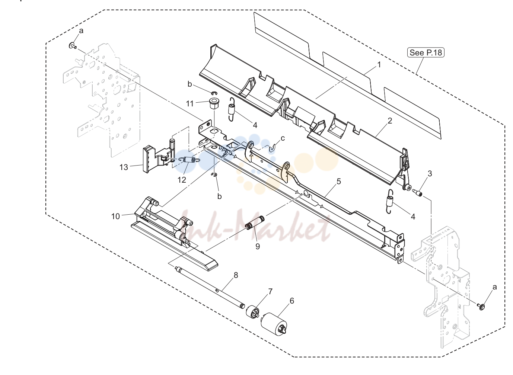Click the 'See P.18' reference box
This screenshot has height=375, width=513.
pyautogui.click(x=426, y=52)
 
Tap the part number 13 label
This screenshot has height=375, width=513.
pyautogui.click(x=124, y=167)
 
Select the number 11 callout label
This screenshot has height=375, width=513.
pyautogui.click(x=190, y=104)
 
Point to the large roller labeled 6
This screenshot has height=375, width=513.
pyautogui.click(x=274, y=324)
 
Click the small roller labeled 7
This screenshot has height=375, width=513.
pyautogui.click(x=253, y=311)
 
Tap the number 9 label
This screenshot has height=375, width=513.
pyautogui.click(x=258, y=246)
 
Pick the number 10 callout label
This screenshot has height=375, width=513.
pyautogui.click(x=115, y=216)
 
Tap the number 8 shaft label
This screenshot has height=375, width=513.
pyautogui.click(x=236, y=275)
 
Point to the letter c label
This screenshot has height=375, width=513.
pyautogui.click(x=283, y=138)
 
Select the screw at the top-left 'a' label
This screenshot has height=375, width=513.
pyautogui.click(x=73, y=45)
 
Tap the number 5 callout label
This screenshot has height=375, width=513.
pyautogui.click(x=339, y=182)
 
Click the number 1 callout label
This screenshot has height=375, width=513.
pyautogui.click(x=379, y=65)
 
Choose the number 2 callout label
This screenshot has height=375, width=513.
pyautogui.click(x=390, y=121)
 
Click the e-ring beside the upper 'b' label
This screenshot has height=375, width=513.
pyautogui.click(x=214, y=93)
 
